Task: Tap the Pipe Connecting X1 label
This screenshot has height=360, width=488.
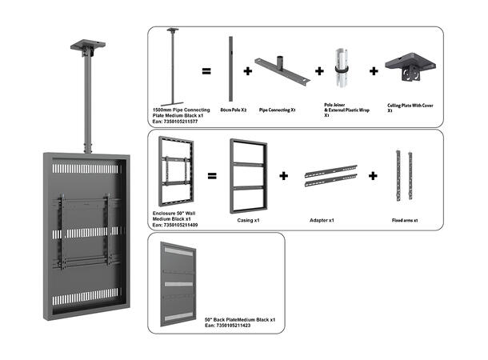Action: tap(277, 109)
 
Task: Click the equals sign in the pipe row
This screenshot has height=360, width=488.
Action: tap(206, 72)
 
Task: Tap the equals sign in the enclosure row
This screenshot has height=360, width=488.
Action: tap(212, 175)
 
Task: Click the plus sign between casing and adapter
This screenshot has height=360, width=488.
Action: tap(283, 175)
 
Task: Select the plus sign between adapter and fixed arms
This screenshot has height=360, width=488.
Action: tap(371, 175)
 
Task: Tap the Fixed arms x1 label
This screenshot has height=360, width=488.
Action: tap(406, 218)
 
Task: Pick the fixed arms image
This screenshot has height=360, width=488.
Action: tap(403, 174)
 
